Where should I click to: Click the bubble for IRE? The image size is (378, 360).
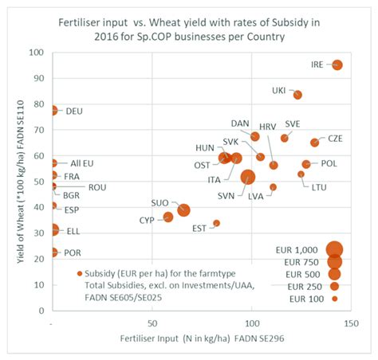point(337,65)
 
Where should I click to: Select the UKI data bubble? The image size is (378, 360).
point(297,95)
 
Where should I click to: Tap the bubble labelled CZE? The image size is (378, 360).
point(314,143)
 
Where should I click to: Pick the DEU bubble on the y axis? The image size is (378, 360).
point(53,111)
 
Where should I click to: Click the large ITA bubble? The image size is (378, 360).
point(248,177)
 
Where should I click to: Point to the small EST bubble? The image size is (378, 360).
point(216,224)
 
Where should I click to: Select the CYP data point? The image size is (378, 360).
point(168,217)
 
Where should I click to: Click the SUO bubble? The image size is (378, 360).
point(183,210)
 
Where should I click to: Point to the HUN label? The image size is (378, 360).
point(204,147)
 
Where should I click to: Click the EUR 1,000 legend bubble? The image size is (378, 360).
point(334,249)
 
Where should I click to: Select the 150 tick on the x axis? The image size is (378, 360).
point(352,324)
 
